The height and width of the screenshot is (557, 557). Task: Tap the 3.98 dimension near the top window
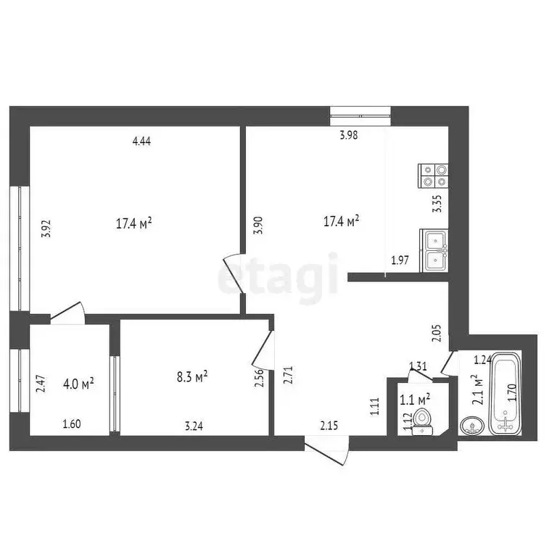349,134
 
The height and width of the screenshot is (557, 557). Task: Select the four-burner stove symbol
434,176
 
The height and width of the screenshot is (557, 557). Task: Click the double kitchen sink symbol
434,250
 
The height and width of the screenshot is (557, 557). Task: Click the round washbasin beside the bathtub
471,426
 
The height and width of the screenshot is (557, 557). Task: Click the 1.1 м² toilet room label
416,397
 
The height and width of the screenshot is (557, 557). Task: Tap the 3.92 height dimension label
46,229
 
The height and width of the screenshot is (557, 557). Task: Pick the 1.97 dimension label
400,260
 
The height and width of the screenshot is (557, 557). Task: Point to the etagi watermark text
279,276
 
